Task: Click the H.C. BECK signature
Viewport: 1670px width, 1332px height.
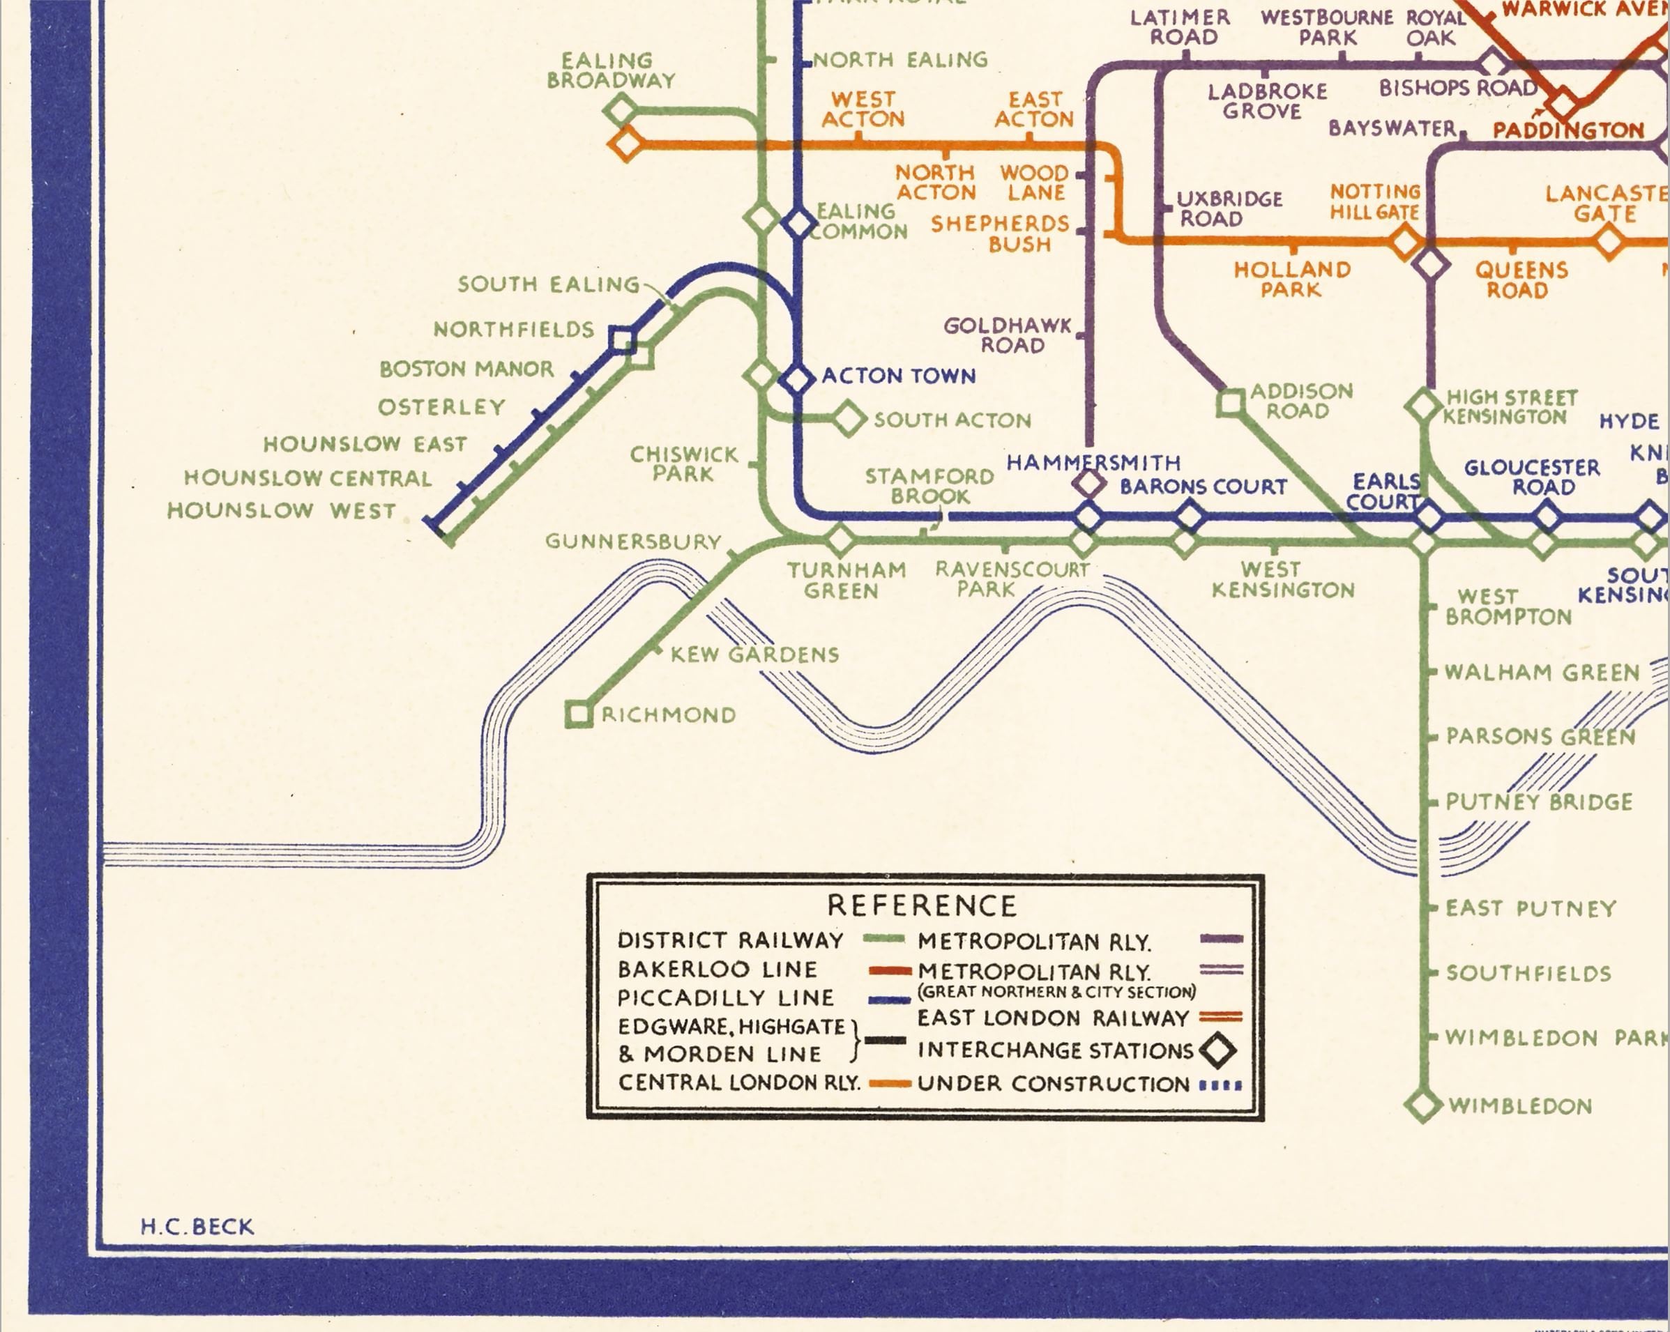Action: [197, 1227]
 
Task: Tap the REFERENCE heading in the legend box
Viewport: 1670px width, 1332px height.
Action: [922, 905]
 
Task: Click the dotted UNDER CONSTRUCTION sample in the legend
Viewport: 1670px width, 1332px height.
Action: [1220, 1085]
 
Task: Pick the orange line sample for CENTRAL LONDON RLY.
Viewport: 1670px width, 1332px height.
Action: [888, 1083]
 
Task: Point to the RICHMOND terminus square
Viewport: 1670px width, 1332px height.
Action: [579, 714]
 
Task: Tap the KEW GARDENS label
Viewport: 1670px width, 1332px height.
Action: [754, 654]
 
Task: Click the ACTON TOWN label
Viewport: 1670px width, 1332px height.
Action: [899, 376]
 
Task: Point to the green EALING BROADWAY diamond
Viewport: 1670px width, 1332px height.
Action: [621, 110]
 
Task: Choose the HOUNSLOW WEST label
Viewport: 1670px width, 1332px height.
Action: [282, 511]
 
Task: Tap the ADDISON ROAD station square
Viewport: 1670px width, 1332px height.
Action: [1230, 403]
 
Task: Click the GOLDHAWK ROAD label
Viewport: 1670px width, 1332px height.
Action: [1007, 335]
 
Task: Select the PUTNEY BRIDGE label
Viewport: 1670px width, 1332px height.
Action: [1539, 802]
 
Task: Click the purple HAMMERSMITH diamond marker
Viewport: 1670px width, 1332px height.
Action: [1088, 484]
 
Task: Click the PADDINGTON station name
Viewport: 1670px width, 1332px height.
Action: [1567, 130]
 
